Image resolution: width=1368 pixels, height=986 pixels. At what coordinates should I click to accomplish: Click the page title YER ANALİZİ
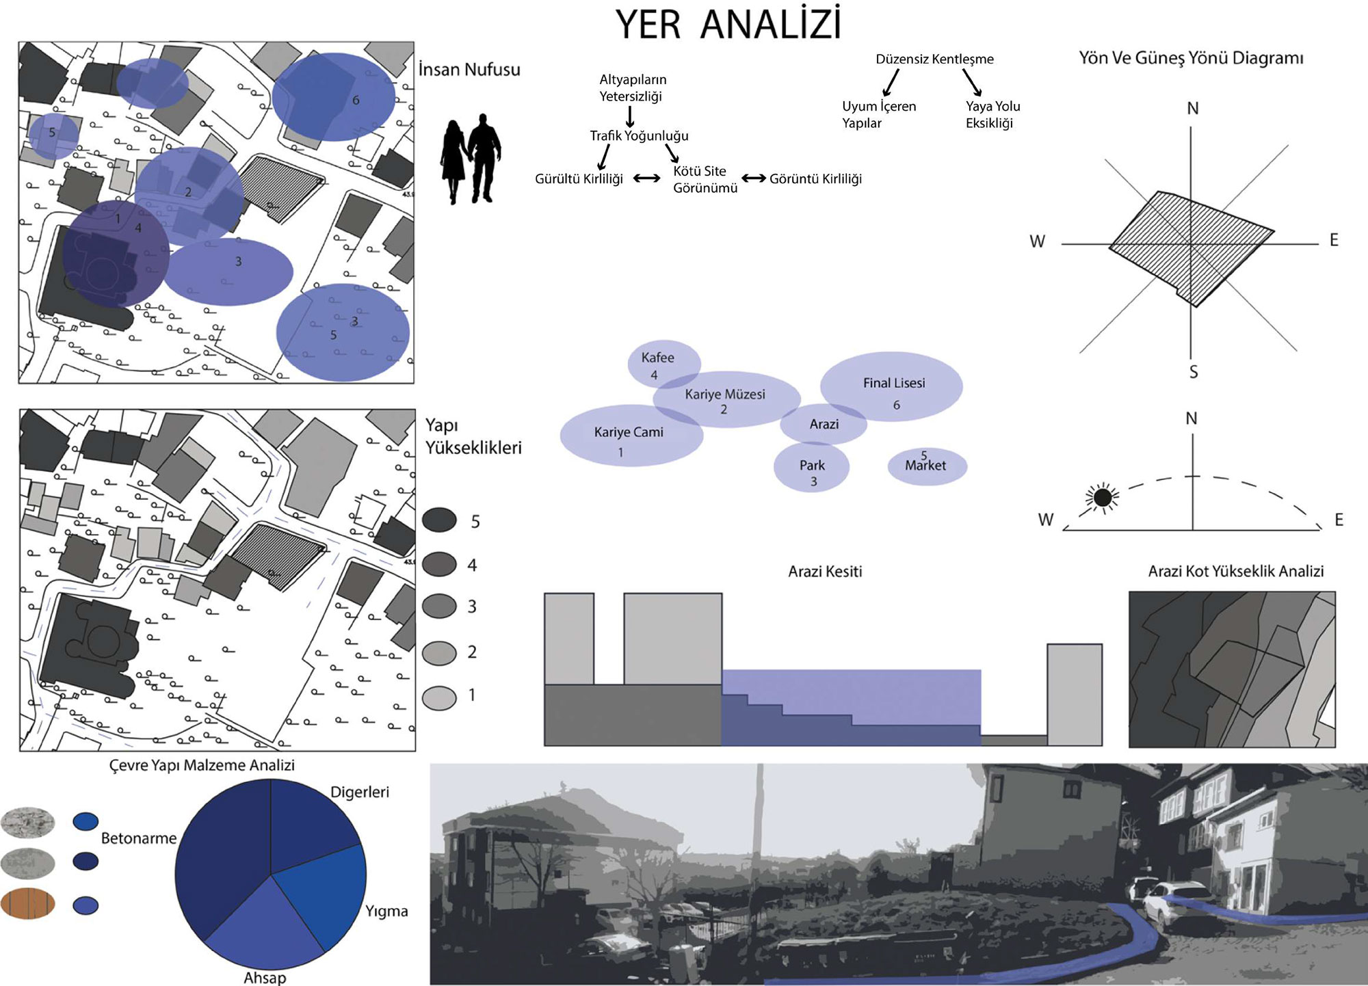pos(728,25)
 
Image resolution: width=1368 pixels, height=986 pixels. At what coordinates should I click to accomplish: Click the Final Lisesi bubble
pos(892,387)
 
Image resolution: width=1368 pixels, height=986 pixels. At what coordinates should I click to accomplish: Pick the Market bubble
pos(927,466)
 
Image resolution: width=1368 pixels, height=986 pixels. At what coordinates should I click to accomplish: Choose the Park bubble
pos(812,468)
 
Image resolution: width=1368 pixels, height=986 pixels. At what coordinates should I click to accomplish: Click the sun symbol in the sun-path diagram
pos(1102,497)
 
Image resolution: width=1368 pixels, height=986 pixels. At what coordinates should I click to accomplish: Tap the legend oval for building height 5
pos(439,520)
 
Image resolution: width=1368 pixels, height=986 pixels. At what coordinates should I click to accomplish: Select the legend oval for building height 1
pos(439,698)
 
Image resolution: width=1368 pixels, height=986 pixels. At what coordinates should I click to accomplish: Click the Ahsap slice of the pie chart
pos(263,920)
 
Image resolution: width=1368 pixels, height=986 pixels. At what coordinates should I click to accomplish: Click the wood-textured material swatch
pos(28,903)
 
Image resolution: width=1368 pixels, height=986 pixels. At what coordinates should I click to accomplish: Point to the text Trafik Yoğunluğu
pos(639,135)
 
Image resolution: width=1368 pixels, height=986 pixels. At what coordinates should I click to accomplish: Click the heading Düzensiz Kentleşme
pos(934,59)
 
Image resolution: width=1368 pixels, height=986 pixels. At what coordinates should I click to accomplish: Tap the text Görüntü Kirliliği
pos(815,179)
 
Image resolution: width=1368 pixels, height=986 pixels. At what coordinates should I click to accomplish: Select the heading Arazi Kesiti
pos(825,572)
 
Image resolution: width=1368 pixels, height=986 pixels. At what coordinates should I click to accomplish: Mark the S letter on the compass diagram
pos(1194,372)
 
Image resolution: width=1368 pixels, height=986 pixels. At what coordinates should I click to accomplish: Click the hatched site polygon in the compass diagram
pos(1190,246)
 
